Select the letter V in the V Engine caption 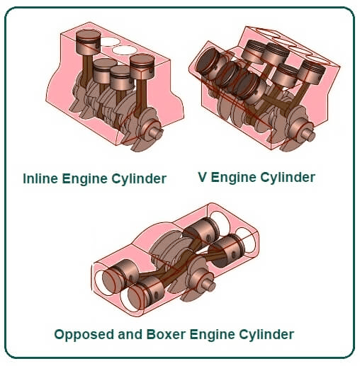point(203,177)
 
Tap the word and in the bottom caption point(130,334)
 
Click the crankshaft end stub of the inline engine point(156,132)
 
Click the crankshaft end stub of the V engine point(308,135)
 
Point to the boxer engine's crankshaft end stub point(208,285)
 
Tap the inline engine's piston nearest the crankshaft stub point(142,67)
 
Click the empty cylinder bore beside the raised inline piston point(110,42)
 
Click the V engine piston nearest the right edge point(312,72)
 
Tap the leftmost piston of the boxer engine point(117,275)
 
